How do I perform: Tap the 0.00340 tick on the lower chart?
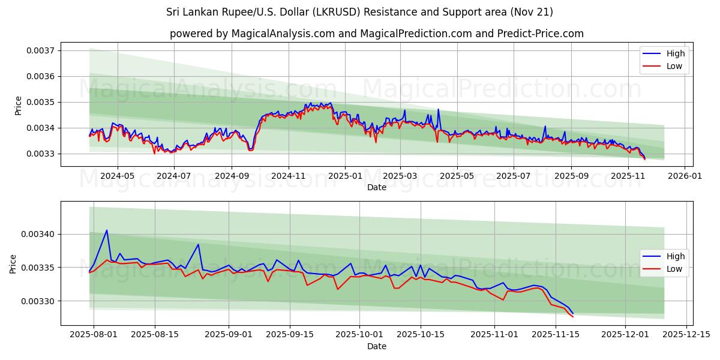coord(40,234)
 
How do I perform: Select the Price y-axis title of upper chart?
coord(18,105)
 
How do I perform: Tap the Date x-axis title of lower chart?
coord(376,346)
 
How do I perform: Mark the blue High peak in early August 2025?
coord(107,230)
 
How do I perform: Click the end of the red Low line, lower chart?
coord(573,316)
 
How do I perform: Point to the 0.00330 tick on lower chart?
coord(40,301)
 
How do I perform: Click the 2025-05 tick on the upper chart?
coord(457,176)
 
